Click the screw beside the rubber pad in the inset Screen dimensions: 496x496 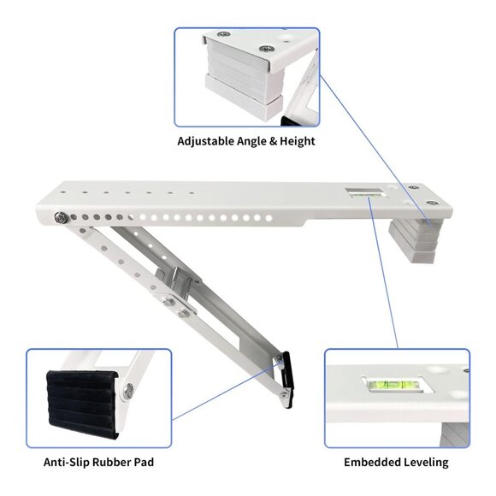click(x=127, y=392)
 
